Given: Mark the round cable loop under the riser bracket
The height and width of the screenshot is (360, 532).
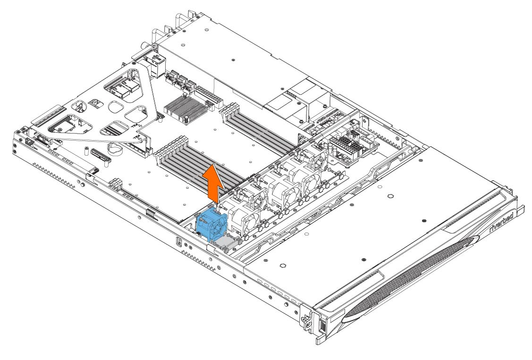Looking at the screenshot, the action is point(114,148).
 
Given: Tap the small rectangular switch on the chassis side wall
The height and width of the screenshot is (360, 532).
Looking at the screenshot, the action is point(179,242).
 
